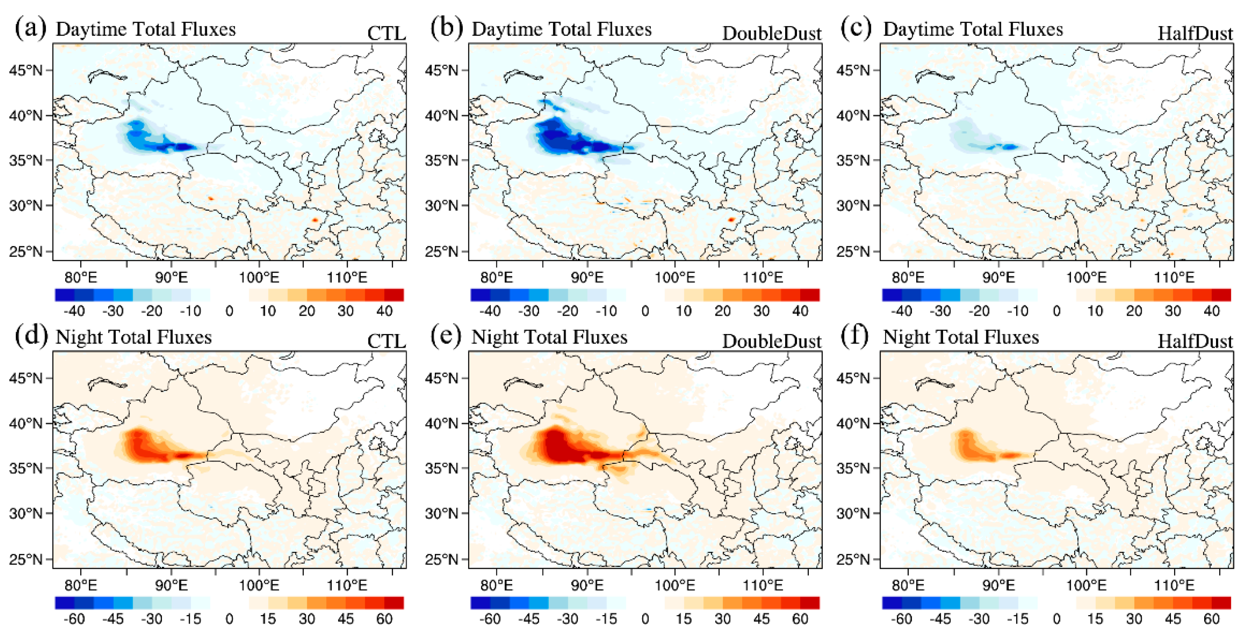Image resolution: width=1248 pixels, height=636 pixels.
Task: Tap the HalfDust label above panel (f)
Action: pos(1195,341)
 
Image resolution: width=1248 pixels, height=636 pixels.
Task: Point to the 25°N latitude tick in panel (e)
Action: pos(441,559)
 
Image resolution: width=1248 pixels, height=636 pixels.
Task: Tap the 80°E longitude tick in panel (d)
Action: pos(81,585)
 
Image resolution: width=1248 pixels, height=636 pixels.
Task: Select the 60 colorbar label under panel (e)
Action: pos(800,619)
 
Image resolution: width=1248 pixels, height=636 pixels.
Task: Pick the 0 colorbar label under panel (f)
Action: pos(1056,619)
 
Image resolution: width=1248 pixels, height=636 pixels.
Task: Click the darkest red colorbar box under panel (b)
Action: pos(810,295)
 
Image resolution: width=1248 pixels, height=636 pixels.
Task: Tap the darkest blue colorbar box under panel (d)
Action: pos(64,602)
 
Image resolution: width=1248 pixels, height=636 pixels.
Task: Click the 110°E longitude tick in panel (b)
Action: pos(763,278)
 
